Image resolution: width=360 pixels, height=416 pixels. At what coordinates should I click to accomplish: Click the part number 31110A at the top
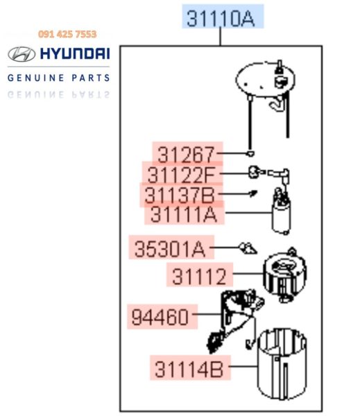pyautogui.click(x=221, y=19)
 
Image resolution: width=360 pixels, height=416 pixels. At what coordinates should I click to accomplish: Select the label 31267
pyautogui.click(x=186, y=155)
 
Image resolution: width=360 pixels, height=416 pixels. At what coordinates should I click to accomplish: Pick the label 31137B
pyautogui.click(x=180, y=195)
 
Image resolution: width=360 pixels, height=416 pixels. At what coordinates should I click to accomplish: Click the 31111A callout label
pyautogui.click(x=184, y=214)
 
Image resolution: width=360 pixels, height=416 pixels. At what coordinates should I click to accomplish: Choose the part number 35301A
pyautogui.click(x=170, y=249)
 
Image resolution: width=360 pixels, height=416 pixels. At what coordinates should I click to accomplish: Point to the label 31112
pyautogui.click(x=199, y=276)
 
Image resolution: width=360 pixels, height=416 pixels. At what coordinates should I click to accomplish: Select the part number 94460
pyautogui.click(x=160, y=317)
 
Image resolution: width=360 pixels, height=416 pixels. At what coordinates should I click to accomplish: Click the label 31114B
pyautogui.click(x=189, y=369)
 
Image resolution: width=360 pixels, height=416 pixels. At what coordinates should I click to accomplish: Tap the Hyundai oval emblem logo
pyautogui.click(x=22, y=54)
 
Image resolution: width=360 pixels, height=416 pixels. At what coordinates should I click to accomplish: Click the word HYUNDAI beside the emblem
pyautogui.click(x=75, y=53)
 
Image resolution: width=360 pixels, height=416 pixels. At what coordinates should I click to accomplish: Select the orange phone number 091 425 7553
pyautogui.click(x=67, y=34)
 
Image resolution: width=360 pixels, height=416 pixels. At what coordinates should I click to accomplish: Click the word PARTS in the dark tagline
pyautogui.click(x=91, y=78)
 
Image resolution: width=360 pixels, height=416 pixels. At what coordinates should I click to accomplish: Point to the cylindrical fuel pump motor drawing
pyautogui.click(x=282, y=216)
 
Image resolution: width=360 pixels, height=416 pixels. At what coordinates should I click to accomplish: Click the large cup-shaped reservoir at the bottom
pyautogui.click(x=282, y=364)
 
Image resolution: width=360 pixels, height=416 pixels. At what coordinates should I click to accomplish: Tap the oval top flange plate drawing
pyautogui.click(x=266, y=79)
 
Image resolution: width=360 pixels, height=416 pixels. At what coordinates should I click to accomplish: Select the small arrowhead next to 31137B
pyautogui.click(x=253, y=193)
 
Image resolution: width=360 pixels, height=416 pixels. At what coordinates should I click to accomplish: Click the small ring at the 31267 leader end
pyautogui.click(x=250, y=153)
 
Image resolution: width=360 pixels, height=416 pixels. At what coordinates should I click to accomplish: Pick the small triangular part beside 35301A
pyautogui.click(x=248, y=248)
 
